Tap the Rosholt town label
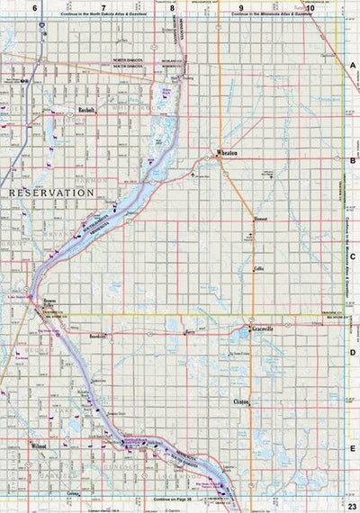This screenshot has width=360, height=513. coord(87,112)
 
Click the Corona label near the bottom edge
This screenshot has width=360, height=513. coord(75,493)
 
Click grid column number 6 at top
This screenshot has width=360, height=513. coord(35,7)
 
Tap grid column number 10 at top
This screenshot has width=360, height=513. coord(310,7)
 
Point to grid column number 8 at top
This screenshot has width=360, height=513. coord(172,7)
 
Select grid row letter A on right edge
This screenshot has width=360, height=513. coord(353,66)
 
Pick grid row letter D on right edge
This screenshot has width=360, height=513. coord(353,353)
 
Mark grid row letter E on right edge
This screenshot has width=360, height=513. coord(353,449)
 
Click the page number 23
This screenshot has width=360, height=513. coord(352,506)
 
